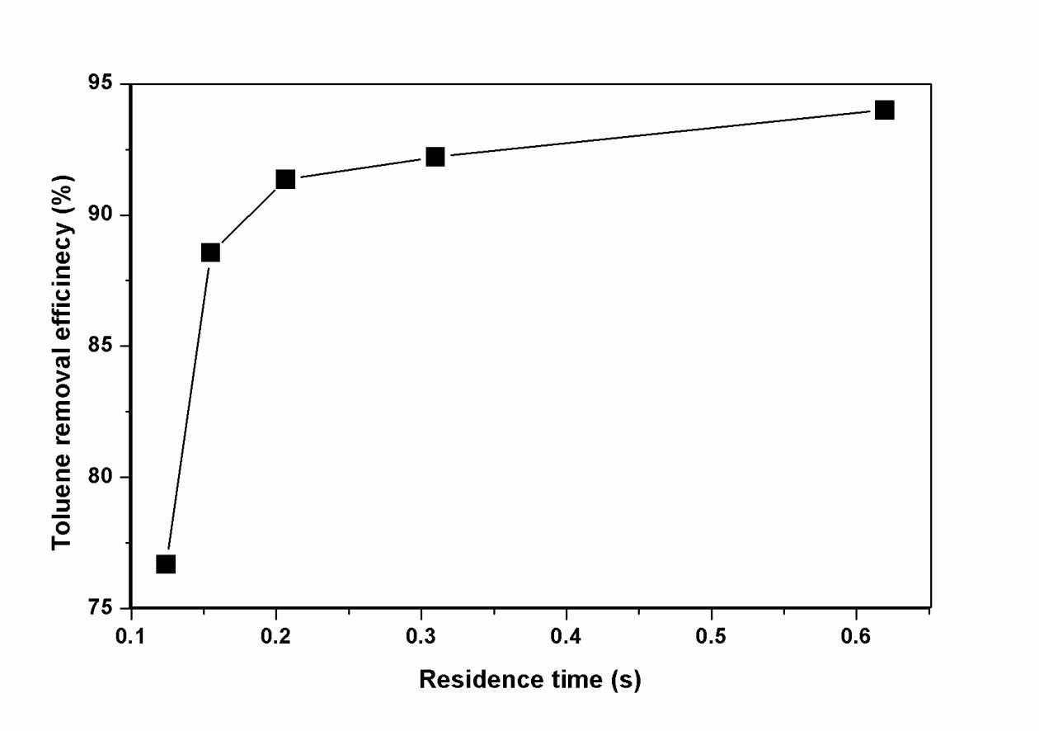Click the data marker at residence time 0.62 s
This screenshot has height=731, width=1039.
tap(884, 110)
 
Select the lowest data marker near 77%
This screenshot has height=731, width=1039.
tap(166, 564)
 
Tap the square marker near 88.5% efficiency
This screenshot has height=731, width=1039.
tap(210, 253)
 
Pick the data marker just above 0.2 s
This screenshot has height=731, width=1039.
tap(285, 179)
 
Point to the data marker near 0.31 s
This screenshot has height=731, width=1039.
tap(435, 157)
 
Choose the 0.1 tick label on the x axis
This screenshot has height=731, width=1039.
tap(131, 636)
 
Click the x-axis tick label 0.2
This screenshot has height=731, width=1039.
tap(276, 636)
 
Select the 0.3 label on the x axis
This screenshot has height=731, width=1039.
tap(421, 636)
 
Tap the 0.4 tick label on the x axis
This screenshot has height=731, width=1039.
tap(566, 636)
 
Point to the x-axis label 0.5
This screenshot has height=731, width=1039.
tap(711, 636)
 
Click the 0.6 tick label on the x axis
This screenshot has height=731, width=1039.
tap(856, 636)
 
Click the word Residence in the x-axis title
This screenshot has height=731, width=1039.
tap(482, 680)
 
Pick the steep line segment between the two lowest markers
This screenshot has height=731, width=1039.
tap(188, 408)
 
